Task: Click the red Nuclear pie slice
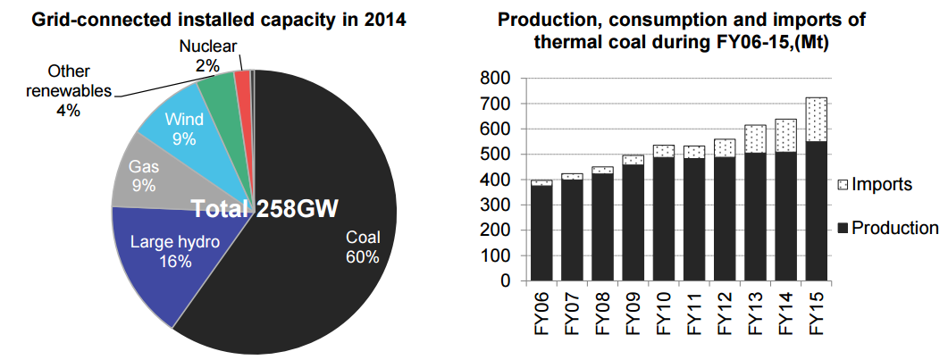pos(242,80)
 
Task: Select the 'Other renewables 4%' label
pos(70,90)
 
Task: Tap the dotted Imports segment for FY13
pos(754,139)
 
